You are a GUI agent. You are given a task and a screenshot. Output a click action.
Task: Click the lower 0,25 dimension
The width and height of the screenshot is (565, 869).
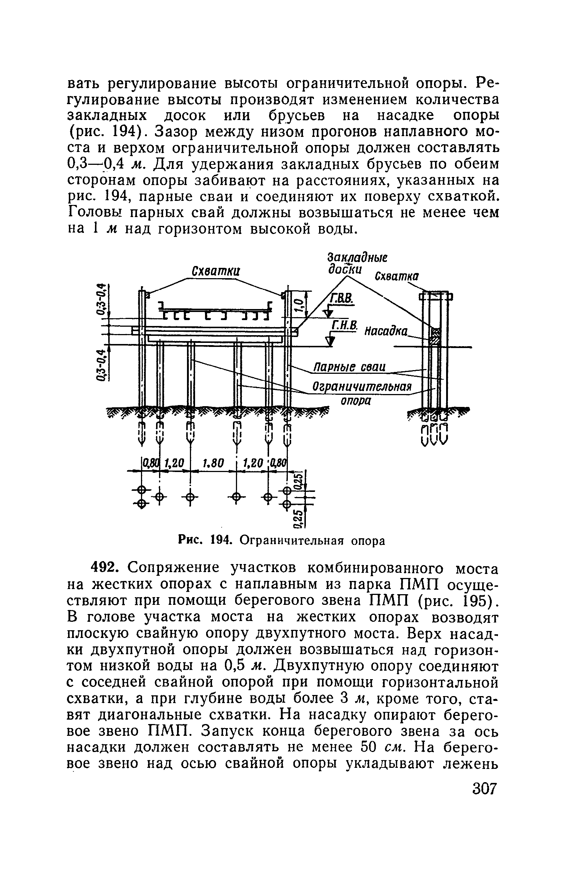(300, 517)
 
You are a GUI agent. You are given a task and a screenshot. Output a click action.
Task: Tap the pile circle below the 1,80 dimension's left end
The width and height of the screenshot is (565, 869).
(190, 497)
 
